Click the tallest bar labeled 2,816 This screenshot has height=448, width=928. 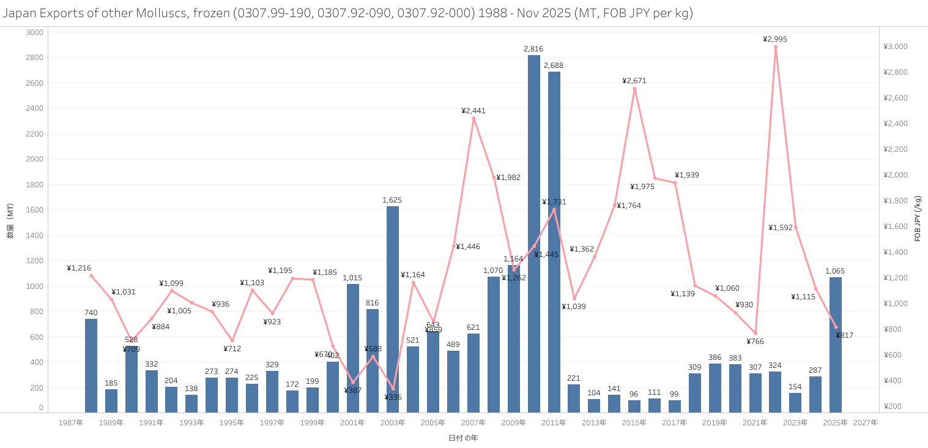pyautogui.click(x=534, y=233)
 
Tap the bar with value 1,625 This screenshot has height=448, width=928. pyautogui.click(x=393, y=309)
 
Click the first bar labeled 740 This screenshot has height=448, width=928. pyautogui.click(x=91, y=365)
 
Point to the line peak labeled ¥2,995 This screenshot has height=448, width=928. pyautogui.click(x=775, y=47)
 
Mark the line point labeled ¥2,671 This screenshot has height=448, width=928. pyautogui.click(x=634, y=89)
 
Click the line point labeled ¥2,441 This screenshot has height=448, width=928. pyautogui.click(x=473, y=118)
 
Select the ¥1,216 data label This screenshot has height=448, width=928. pyautogui.click(x=79, y=268)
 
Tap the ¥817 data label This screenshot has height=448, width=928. pyautogui.click(x=844, y=335)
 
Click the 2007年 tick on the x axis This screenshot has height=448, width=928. pyautogui.click(x=473, y=423)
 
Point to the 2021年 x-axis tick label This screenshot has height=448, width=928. pyautogui.click(x=755, y=423)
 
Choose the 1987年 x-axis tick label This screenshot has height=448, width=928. pyautogui.click(x=71, y=423)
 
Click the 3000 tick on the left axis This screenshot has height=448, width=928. pyautogui.click(x=34, y=32)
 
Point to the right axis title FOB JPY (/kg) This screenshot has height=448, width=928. pyautogui.click(x=918, y=218)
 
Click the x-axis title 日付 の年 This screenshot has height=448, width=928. pyautogui.click(x=462, y=438)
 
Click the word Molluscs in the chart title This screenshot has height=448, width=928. pyautogui.click(x=168, y=13)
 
